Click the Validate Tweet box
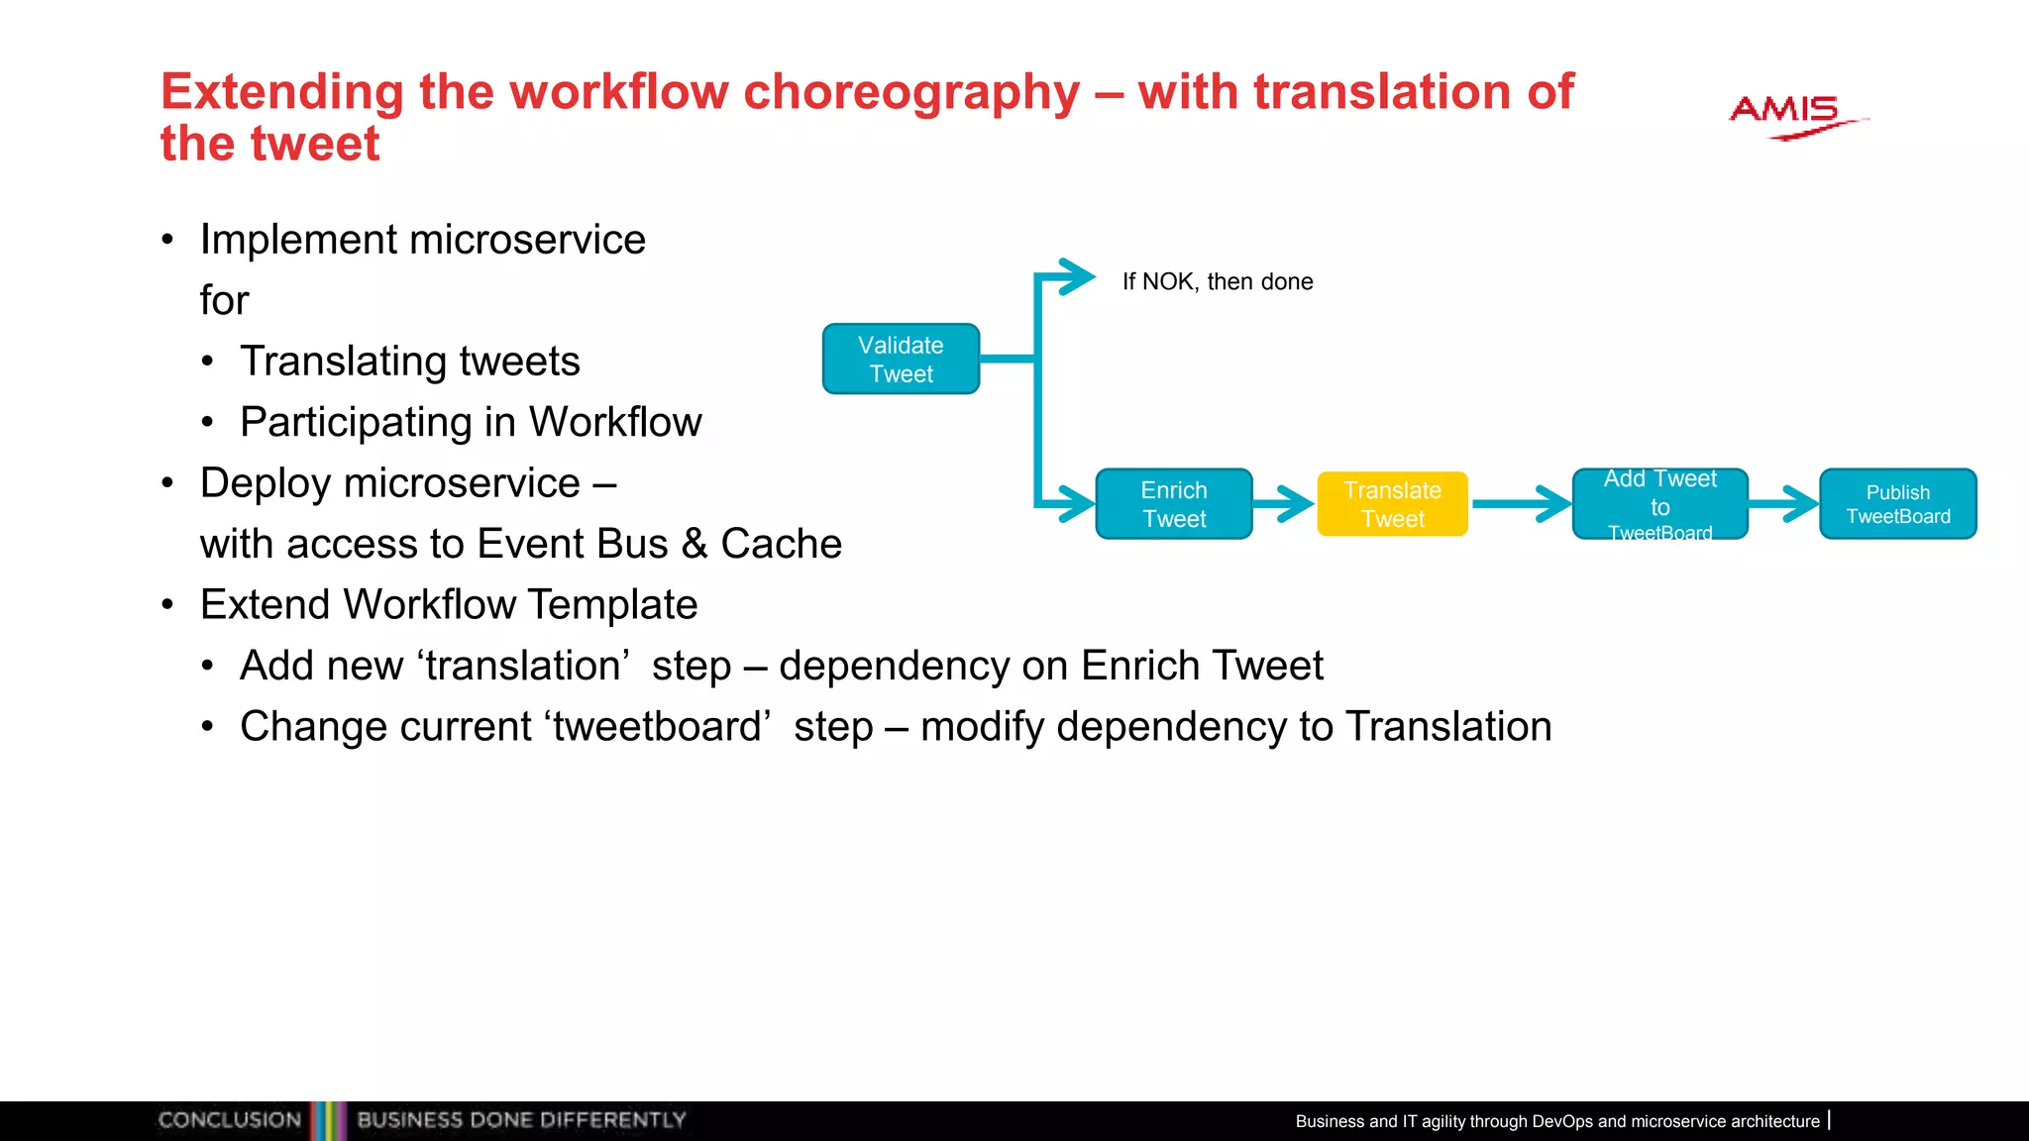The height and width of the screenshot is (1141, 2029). click(x=901, y=360)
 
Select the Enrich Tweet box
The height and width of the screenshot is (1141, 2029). click(x=1174, y=504)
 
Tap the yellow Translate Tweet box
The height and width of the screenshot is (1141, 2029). click(x=1392, y=504)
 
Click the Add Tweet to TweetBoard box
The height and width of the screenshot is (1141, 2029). click(x=1659, y=504)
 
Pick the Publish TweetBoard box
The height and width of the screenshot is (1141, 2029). click(x=1897, y=504)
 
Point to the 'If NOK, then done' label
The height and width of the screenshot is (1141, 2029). click(x=1218, y=282)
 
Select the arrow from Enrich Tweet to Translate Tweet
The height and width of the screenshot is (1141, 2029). click(x=1285, y=504)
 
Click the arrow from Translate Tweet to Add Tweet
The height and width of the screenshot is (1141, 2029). click(x=1521, y=504)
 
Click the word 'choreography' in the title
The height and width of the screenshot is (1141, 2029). click(x=911, y=92)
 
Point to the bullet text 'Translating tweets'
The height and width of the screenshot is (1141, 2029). click(x=409, y=362)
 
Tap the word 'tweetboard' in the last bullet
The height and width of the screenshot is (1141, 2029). click(x=657, y=727)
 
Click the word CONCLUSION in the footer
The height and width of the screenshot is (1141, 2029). click(x=230, y=1120)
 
